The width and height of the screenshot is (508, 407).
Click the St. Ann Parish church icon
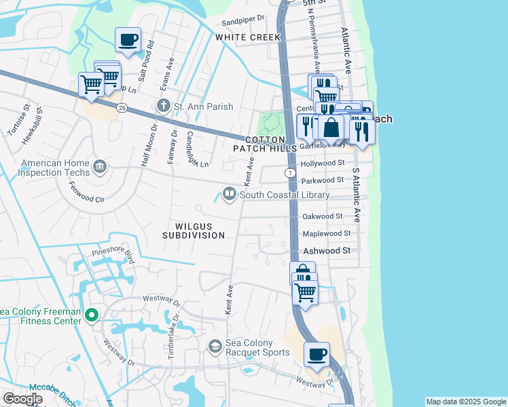pyautogui.click(x=163, y=106)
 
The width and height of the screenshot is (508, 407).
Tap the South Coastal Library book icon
pyautogui.click(x=230, y=195)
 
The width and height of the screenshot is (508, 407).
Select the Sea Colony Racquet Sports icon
pyautogui.click(x=215, y=347)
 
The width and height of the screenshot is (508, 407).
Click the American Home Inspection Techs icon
pyautogui.click(x=100, y=165)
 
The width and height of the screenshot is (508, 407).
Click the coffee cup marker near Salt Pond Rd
pyautogui.click(x=128, y=40)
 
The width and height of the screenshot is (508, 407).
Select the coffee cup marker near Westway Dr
pyautogui.click(x=317, y=354)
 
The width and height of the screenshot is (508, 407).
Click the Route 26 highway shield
pyautogui.click(x=122, y=107)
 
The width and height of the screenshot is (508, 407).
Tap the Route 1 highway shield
pyautogui.click(x=291, y=174)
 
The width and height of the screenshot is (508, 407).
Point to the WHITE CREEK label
pyautogui.click(x=243, y=38)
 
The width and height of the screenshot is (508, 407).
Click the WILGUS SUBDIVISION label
pyautogui.click(x=194, y=231)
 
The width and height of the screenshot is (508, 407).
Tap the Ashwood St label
pyautogui.click(x=327, y=250)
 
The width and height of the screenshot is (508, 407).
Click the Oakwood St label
pyautogui.click(x=322, y=216)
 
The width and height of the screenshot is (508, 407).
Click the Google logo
pyautogui.click(x=22, y=399)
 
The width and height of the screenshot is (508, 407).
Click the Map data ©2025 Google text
pyautogui.click(x=466, y=402)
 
